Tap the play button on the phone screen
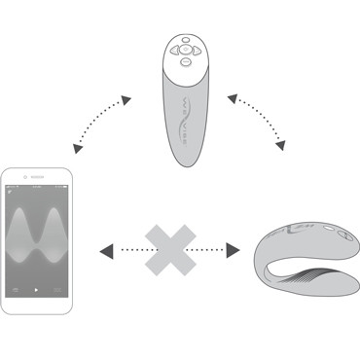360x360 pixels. click(x=37, y=291)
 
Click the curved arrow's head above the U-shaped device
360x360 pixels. click(x=280, y=147)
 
